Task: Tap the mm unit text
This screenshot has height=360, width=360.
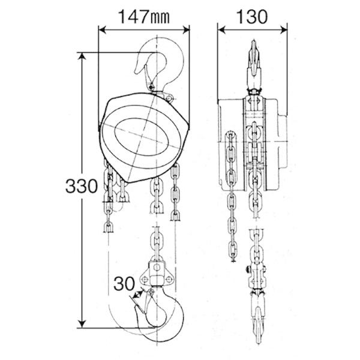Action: click(160, 18)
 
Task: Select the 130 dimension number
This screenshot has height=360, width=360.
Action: click(251, 17)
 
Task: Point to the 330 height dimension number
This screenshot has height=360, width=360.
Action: click(82, 186)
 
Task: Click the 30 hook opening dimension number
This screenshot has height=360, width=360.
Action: click(124, 284)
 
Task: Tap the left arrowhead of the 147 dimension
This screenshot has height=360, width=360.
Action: click(103, 29)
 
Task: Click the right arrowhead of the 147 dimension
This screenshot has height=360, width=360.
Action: click(186, 29)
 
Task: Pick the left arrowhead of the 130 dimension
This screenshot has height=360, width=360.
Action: click(222, 29)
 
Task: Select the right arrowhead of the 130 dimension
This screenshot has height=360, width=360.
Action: click(283, 29)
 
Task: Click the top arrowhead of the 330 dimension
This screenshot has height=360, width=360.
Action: click(82, 56)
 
